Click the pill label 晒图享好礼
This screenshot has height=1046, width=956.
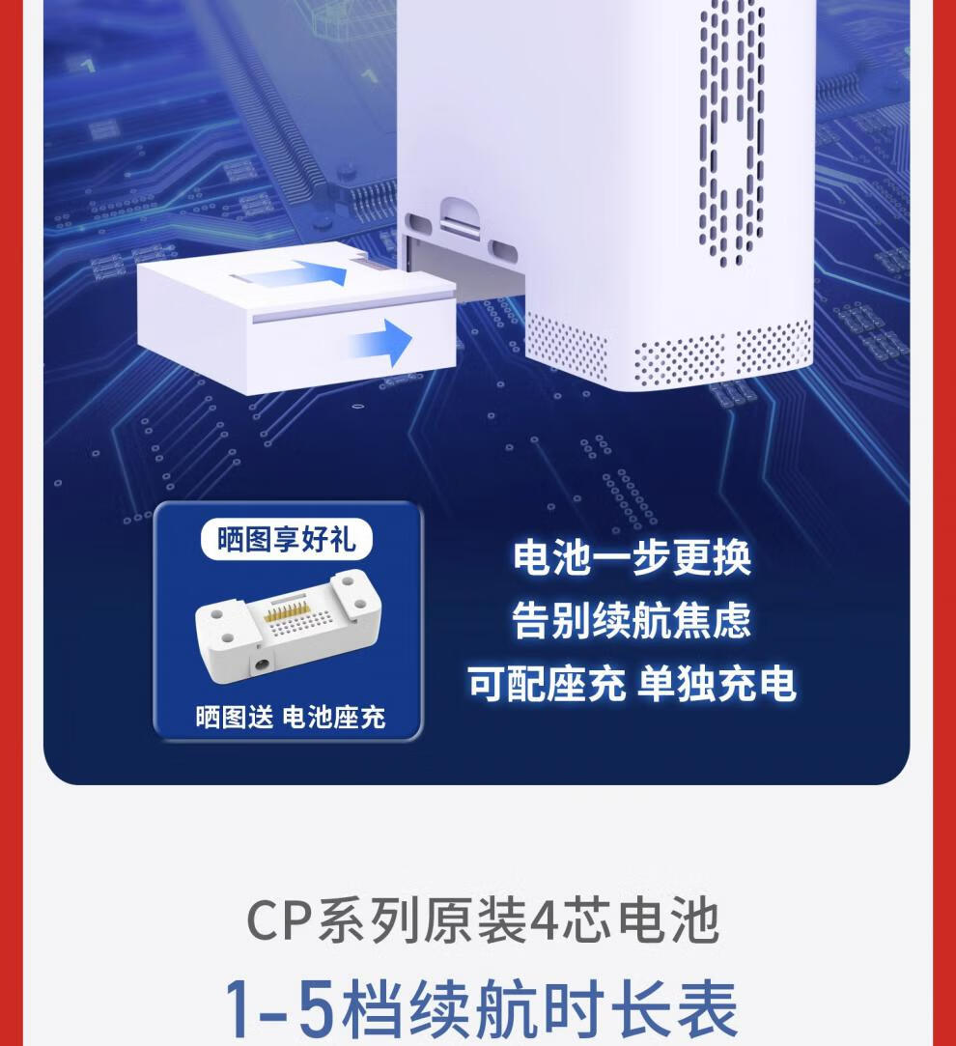[286, 539]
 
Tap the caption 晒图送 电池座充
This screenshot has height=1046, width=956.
[291, 717]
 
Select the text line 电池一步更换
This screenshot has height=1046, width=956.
[632, 557]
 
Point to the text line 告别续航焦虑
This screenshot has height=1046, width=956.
[632, 620]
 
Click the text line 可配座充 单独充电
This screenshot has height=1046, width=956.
[632, 684]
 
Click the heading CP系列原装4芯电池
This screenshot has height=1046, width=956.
[482, 921]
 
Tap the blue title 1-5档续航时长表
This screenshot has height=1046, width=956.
[480, 1008]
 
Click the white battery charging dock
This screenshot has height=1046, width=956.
[288, 627]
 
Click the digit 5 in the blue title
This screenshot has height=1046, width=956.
[314, 1009]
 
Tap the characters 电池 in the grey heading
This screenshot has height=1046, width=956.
[668, 921]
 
